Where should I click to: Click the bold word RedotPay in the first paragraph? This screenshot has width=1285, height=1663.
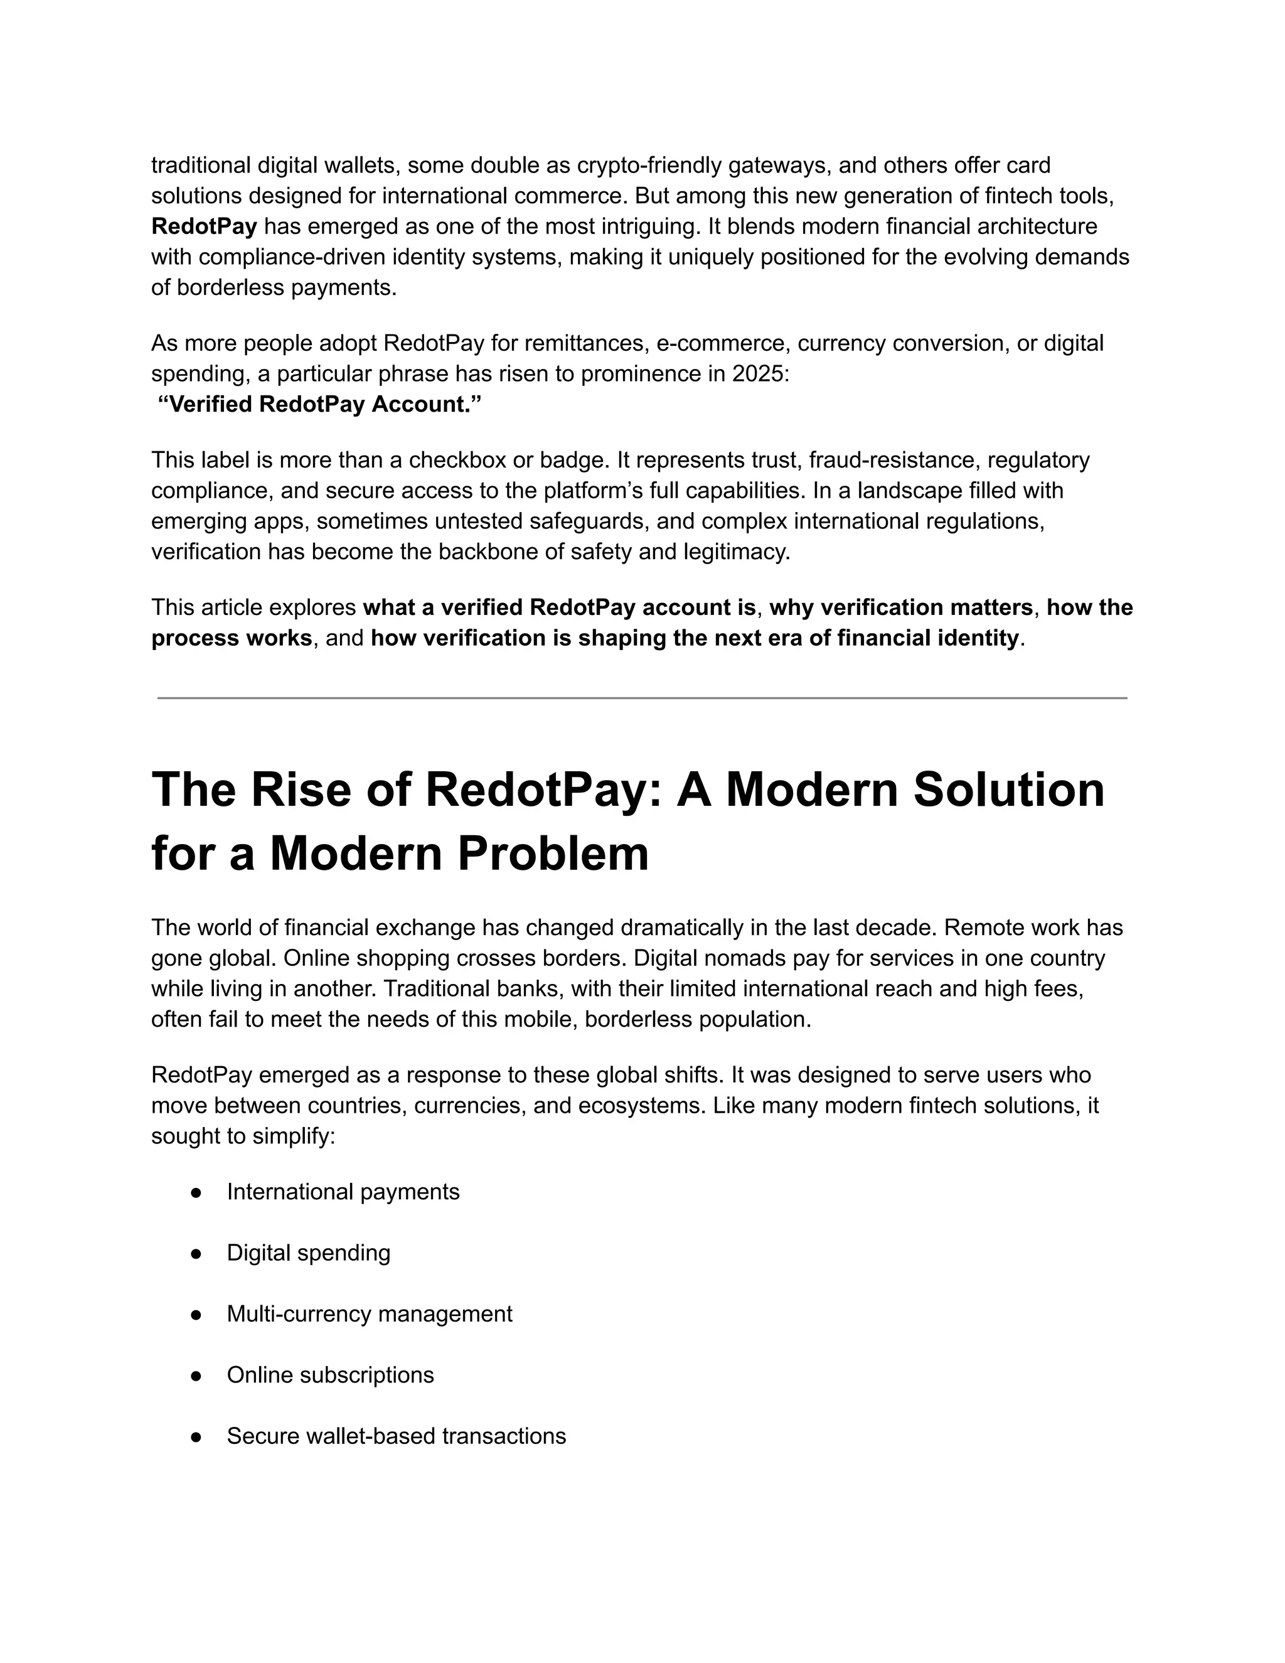coord(204,226)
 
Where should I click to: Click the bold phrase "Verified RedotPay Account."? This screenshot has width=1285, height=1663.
coord(320,404)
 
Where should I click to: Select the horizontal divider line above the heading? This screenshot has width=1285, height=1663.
coord(642,697)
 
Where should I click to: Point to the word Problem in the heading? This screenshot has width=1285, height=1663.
coord(553,853)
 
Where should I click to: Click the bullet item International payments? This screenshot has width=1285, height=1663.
coord(343,1192)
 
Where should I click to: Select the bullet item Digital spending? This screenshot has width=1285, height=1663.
coord(308,1253)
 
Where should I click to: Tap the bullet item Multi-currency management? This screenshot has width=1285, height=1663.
coord(369,1313)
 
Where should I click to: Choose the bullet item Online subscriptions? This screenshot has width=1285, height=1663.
coord(331,1374)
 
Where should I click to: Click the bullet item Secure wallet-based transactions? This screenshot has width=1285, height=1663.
coord(396,1436)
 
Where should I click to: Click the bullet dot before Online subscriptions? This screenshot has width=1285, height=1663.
coord(196,1375)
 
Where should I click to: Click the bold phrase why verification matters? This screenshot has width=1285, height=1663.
coord(900,607)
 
